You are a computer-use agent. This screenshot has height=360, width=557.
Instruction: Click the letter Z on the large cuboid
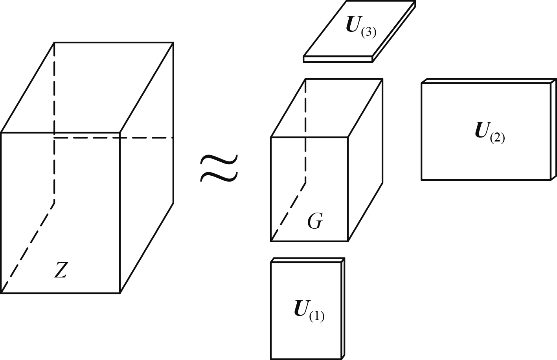(x=60, y=270)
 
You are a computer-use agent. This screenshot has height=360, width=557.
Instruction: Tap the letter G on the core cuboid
(x=315, y=222)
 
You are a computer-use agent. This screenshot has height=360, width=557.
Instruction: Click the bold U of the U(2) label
(x=482, y=130)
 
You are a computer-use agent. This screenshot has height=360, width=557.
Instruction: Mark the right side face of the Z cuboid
(x=146, y=169)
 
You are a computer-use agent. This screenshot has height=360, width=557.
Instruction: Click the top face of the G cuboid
(x=326, y=108)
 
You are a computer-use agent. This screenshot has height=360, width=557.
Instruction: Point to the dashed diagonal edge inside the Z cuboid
(x=28, y=248)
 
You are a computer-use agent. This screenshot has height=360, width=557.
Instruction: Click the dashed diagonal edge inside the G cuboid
(x=288, y=211)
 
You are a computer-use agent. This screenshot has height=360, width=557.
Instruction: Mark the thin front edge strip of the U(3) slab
(x=338, y=59)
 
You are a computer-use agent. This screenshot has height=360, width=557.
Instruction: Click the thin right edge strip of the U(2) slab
(x=553, y=130)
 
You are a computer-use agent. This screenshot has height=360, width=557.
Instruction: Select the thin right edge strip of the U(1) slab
(x=343, y=309)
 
